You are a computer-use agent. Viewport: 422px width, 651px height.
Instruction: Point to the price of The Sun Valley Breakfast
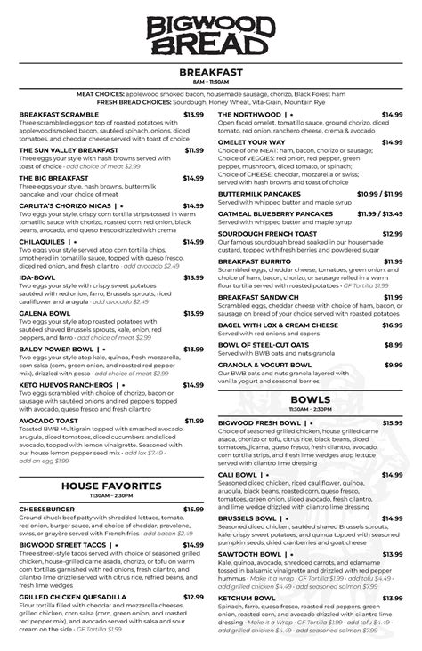(193, 150)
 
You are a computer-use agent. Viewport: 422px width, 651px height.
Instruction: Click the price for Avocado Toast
(193, 420)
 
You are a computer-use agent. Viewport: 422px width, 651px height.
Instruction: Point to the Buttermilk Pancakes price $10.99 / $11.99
(379, 193)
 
